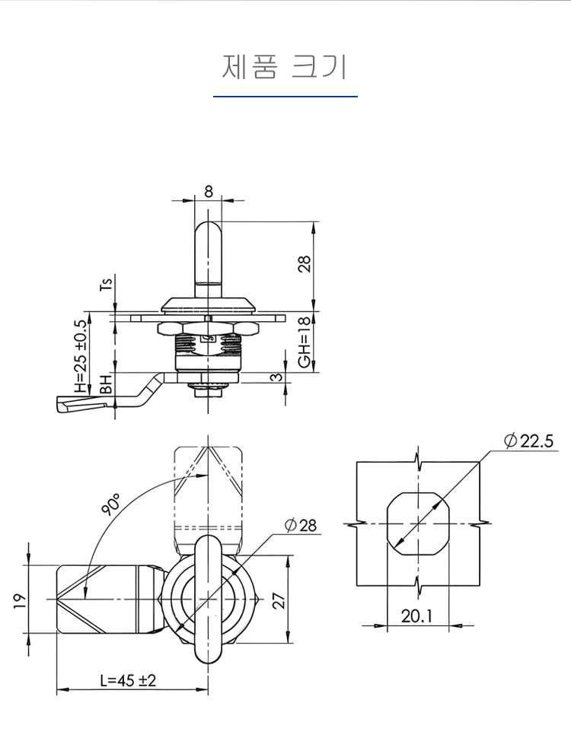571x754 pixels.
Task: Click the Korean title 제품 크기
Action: click(x=284, y=67)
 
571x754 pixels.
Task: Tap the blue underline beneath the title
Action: click(x=285, y=97)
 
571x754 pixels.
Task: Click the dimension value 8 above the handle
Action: click(x=209, y=192)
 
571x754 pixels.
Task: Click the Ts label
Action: click(x=107, y=284)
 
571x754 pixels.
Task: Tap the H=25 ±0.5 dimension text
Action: click(x=81, y=356)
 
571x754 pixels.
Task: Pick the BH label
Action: click(x=107, y=385)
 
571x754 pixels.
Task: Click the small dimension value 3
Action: click(x=276, y=377)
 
